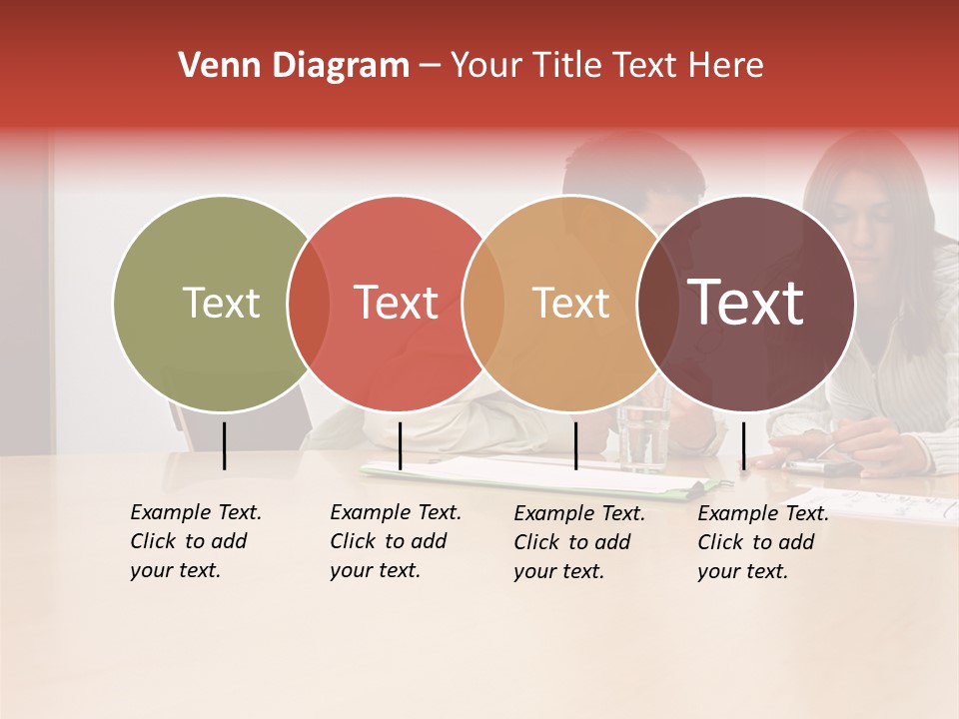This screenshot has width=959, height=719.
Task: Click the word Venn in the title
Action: [x=215, y=66]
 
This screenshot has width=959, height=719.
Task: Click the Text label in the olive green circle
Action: [x=221, y=303]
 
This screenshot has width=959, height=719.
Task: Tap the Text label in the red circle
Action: [x=396, y=303]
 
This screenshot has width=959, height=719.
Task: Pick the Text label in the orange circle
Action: [x=570, y=303]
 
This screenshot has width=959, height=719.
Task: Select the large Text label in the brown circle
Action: [x=745, y=303]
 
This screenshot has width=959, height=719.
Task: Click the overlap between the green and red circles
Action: [x=309, y=304]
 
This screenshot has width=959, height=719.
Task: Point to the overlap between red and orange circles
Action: [x=483, y=304]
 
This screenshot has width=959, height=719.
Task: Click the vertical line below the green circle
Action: [x=224, y=445]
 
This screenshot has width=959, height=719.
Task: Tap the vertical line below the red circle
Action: [x=400, y=445]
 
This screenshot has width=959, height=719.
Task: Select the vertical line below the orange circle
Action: [x=575, y=445]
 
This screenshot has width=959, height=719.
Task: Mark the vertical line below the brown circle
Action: [x=743, y=445]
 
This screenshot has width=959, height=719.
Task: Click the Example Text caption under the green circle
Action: [x=195, y=541]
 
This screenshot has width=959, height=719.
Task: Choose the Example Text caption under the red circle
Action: [x=395, y=541]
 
